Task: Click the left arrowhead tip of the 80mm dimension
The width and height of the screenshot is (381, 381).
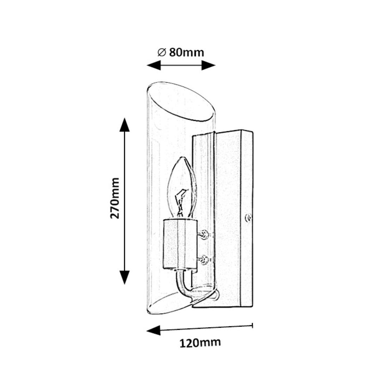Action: coord(147,65)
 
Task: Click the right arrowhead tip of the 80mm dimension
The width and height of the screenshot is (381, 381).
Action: coord(216,65)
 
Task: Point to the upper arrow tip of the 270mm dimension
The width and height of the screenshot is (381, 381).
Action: coord(125,117)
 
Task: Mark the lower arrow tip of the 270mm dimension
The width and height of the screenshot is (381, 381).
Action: coord(125,284)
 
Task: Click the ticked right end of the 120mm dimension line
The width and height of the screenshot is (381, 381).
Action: coord(253,326)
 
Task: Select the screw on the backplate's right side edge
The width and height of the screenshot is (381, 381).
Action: coord(248,218)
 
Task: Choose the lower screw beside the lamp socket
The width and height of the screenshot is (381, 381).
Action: coord(204,260)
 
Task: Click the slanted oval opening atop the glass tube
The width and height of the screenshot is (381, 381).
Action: coord(181,102)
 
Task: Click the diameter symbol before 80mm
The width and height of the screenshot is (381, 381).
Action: coord(162,52)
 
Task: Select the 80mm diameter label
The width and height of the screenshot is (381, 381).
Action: coord(181,52)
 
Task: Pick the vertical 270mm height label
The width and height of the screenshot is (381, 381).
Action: coord(115,198)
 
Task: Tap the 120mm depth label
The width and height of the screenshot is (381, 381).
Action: coord(200,343)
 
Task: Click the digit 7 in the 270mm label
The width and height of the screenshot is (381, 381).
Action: coord(115,206)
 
